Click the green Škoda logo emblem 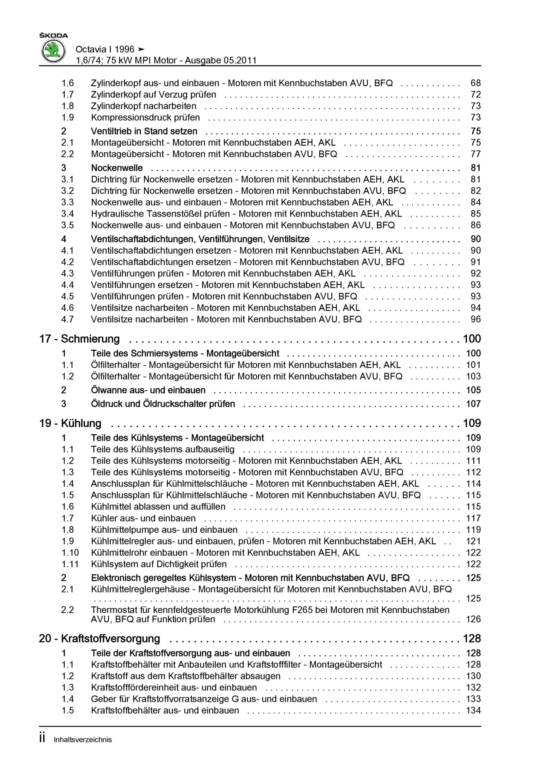tap(53, 51)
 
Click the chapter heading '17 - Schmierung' tap(79, 339)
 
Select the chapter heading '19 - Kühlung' tap(70, 423)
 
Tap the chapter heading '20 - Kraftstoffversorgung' tap(100, 639)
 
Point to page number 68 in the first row tap(476, 83)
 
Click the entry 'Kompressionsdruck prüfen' tap(145, 117)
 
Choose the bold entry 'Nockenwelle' tap(117, 168)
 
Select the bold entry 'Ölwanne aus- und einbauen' tap(148, 390)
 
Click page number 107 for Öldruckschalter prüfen tap(473, 404)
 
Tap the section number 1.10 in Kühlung tap(70, 553)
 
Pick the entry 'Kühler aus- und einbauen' tap(143, 518)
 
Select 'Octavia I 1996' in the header tap(105, 50)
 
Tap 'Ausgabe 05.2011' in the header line tap(221, 61)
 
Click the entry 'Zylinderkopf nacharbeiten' tap(143, 106)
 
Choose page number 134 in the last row tap(473, 710)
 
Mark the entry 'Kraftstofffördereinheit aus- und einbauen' tap(174, 688)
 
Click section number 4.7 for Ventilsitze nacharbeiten tap(67, 319)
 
